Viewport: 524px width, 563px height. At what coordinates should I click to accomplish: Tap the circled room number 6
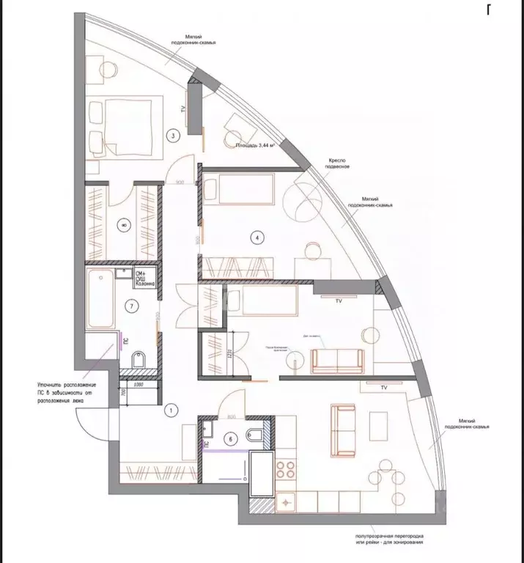(231, 439)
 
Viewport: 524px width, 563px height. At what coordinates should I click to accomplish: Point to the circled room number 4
(257, 236)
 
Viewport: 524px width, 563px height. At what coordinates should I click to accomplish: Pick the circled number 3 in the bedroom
(171, 136)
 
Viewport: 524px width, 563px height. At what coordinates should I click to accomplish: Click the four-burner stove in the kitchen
(285, 470)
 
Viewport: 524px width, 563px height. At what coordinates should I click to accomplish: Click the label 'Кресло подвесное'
(339, 164)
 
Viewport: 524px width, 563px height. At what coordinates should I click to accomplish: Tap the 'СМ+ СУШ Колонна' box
(144, 281)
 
